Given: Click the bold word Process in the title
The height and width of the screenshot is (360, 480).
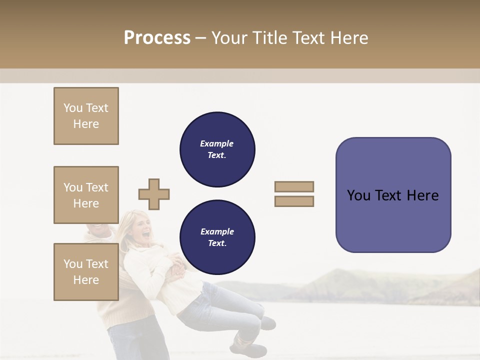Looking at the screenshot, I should (157, 38).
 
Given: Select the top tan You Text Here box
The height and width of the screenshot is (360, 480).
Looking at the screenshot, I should (86, 116).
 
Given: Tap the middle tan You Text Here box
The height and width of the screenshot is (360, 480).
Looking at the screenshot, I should (86, 195).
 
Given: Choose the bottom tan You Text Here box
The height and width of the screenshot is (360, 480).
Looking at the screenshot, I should (86, 272).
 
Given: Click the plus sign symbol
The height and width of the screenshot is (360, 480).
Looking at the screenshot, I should (154, 194).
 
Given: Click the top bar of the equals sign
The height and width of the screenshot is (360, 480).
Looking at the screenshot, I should (294, 186).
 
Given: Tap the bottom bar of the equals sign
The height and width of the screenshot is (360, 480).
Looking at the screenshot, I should (294, 201).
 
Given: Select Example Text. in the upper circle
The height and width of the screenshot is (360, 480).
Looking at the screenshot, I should (217, 149).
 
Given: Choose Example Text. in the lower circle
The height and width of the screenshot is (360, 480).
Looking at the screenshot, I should (217, 237).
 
